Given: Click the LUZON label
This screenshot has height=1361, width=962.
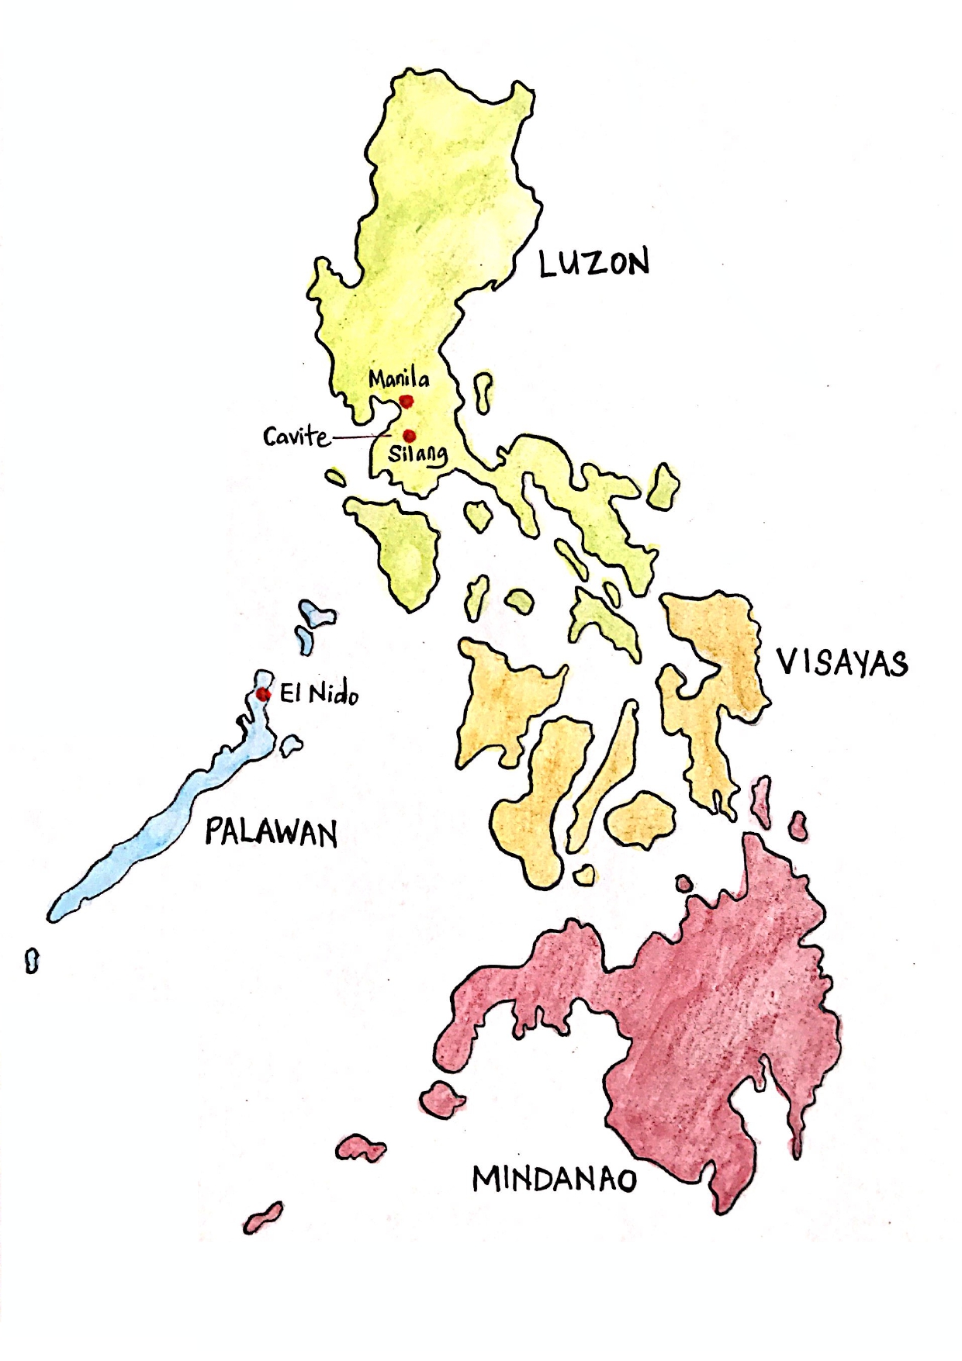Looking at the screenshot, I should (x=593, y=264).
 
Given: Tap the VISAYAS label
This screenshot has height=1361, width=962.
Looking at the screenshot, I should (x=842, y=664).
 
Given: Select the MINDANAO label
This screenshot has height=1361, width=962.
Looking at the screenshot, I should (x=554, y=1180).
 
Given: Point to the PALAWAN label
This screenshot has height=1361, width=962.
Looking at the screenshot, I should (x=271, y=834).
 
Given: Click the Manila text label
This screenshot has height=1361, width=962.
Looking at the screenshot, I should (x=399, y=379).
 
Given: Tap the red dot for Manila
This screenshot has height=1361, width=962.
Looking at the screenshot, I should (x=406, y=401).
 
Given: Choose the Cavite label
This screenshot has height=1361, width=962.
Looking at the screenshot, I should (x=296, y=437).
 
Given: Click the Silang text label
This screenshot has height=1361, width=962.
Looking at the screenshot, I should (x=417, y=454).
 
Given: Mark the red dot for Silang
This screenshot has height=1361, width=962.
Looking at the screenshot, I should (x=410, y=435).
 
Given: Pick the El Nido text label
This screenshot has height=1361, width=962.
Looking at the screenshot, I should (x=319, y=695).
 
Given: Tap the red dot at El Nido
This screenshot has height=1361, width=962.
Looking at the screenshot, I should (x=263, y=694).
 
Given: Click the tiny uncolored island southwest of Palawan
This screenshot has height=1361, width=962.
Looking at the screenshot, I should (x=32, y=960).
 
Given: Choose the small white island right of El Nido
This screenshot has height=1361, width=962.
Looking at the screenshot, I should (x=291, y=745).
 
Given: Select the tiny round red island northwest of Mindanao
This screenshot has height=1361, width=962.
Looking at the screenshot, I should (x=683, y=883).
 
